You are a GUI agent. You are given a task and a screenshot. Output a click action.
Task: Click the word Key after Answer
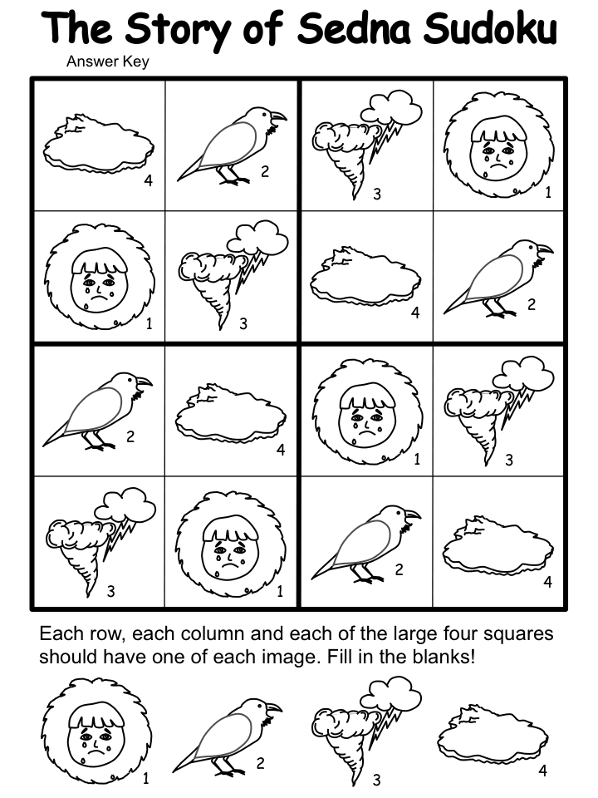coord(134,62)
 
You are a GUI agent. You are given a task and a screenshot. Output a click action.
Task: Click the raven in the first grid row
coord(232,145)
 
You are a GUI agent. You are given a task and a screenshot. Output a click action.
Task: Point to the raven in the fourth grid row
coord(366,544)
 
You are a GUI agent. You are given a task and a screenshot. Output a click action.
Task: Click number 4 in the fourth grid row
coord(547,581)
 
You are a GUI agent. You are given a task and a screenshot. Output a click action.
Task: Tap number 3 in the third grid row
coord(509,460)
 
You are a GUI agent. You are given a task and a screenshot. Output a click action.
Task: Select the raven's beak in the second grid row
coord(545,249)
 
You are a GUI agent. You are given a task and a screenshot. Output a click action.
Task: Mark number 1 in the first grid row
coord(548,192)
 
